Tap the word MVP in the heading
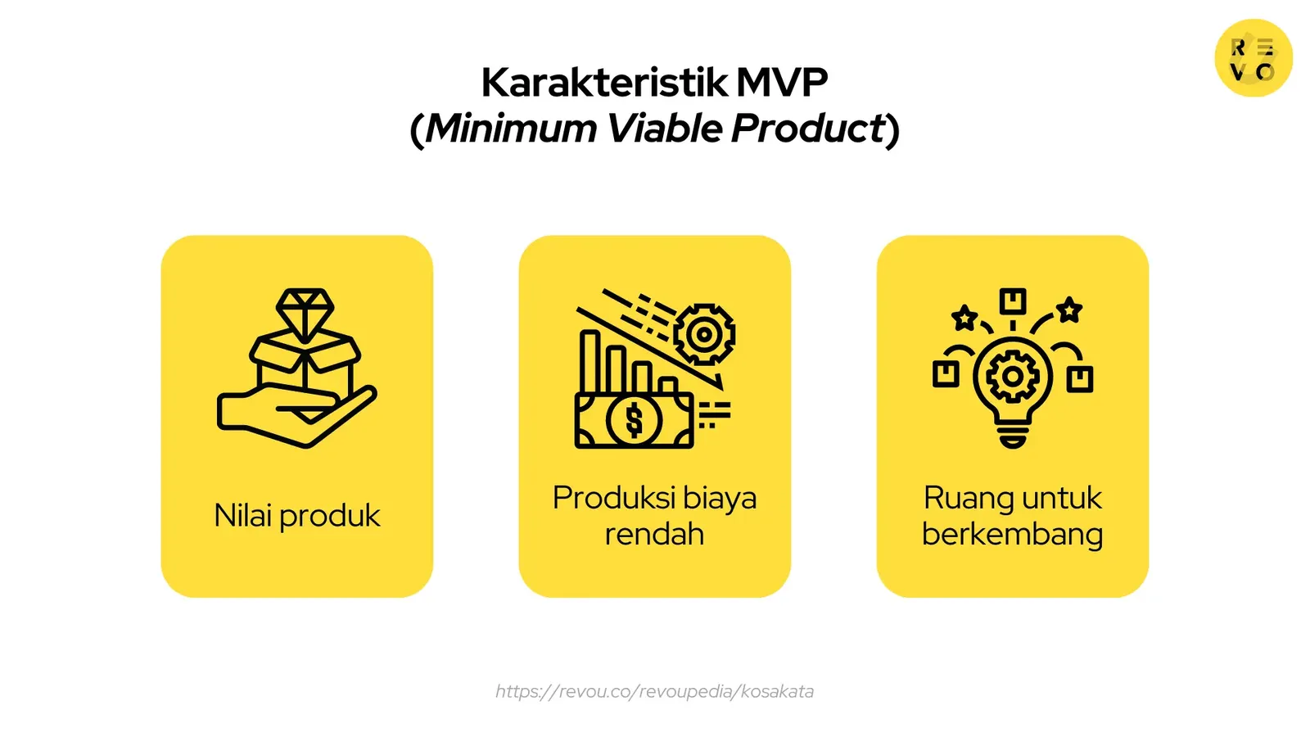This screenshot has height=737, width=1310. coord(782,82)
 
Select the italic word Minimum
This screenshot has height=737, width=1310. coord(511,129)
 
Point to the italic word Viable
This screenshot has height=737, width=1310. coord(664,129)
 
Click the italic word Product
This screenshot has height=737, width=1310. coord(808,129)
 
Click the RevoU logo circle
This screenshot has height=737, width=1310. coord(1253,58)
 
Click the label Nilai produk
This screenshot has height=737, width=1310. coord(297,516)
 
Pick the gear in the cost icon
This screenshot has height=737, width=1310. coord(704,334)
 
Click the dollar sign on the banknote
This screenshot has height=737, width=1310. coord(634,421)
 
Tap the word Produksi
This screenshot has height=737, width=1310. coord(614,498)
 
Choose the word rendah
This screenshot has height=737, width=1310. coord(654,534)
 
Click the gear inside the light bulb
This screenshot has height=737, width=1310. coord(1013,377)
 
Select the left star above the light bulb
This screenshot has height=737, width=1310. coord(964,317)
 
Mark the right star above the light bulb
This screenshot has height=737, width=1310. coord(1069,310)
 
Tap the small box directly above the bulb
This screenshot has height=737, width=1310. coord(1013,301)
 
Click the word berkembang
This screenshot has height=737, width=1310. coord(1012,534)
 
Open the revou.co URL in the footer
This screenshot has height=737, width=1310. coord(654,691)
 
